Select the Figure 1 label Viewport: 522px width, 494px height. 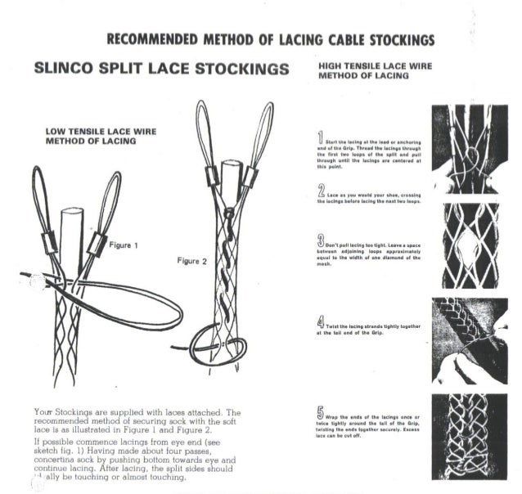tap(124, 245)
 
